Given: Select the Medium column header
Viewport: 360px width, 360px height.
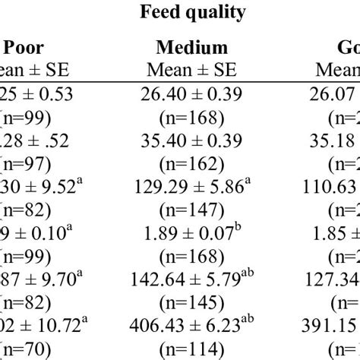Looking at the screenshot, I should point(191,48).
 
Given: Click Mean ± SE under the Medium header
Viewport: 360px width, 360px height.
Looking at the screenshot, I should point(191,69).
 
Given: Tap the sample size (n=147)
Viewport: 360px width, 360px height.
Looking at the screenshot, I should point(191,209).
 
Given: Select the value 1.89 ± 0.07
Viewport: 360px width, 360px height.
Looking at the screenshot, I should point(192,232).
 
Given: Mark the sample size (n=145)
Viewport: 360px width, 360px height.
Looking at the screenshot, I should point(191,302).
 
